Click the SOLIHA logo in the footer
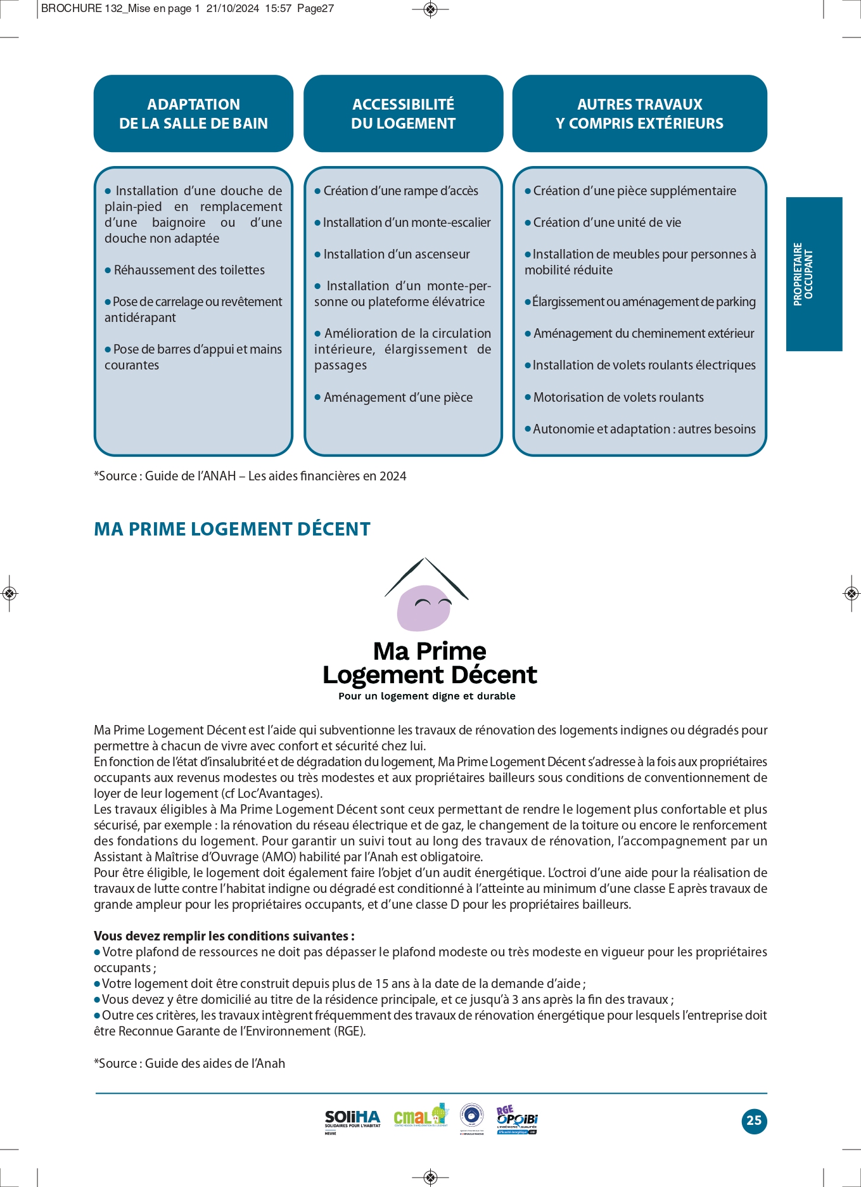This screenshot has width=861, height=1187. coord(352,1120)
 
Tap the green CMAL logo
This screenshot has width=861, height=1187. coord(420,1117)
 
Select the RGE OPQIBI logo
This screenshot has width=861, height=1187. coord(517,1120)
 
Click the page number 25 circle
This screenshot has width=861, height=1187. coord(754,1120)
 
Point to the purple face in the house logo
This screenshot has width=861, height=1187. coord(424,607)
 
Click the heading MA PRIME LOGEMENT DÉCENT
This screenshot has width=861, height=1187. coord(232,529)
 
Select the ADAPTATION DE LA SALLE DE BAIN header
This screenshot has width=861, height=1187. coord(193,114)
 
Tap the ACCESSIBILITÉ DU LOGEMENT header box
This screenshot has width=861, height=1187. coord(403,114)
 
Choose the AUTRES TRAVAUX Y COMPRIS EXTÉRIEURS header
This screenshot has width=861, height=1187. coord(639,114)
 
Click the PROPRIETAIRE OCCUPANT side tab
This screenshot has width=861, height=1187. coord(813,274)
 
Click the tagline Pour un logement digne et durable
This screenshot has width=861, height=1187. coord(426,696)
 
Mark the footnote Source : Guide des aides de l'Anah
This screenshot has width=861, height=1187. coord(189,1063)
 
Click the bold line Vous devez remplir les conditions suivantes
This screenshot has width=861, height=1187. coord(224,936)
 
